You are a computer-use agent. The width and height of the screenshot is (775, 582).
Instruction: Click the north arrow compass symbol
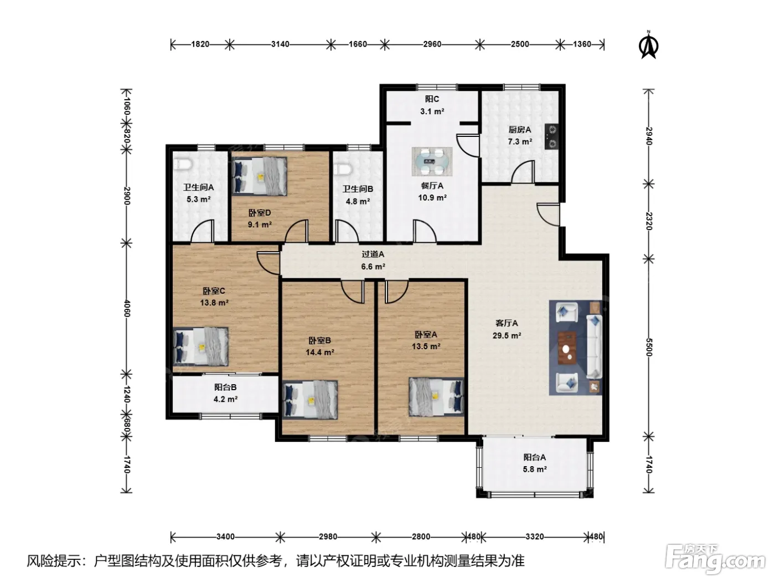point(648,45)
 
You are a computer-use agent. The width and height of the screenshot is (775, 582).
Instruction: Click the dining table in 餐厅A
point(432,161)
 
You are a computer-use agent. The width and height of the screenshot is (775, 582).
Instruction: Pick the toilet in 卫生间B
point(343,169)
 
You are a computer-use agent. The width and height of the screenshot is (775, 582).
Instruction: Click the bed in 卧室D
point(259,176)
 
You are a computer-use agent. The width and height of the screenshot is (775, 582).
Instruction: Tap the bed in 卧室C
point(200,346)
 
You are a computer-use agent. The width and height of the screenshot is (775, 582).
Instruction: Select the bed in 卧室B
point(311,400)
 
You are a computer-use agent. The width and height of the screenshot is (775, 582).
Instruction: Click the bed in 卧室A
point(436,397)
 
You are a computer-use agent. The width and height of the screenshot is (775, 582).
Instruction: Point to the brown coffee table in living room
point(567,348)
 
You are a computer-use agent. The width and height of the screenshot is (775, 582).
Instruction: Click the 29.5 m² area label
point(507,335)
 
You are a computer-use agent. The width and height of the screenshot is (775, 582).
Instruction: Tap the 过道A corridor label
point(373,254)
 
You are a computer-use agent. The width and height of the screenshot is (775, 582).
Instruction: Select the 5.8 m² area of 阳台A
point(535,469)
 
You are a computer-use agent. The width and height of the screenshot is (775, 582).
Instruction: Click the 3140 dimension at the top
point(280,44)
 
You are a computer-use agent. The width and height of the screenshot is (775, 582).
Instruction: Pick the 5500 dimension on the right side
point(649,348)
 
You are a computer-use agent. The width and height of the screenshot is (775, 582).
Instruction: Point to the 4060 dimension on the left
point(127,309)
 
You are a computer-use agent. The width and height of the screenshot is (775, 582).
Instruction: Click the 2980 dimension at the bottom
point(328,537)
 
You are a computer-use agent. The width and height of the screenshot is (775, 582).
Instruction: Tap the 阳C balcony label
point(432,99)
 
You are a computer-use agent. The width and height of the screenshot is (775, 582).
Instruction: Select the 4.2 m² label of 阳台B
point(225,399)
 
